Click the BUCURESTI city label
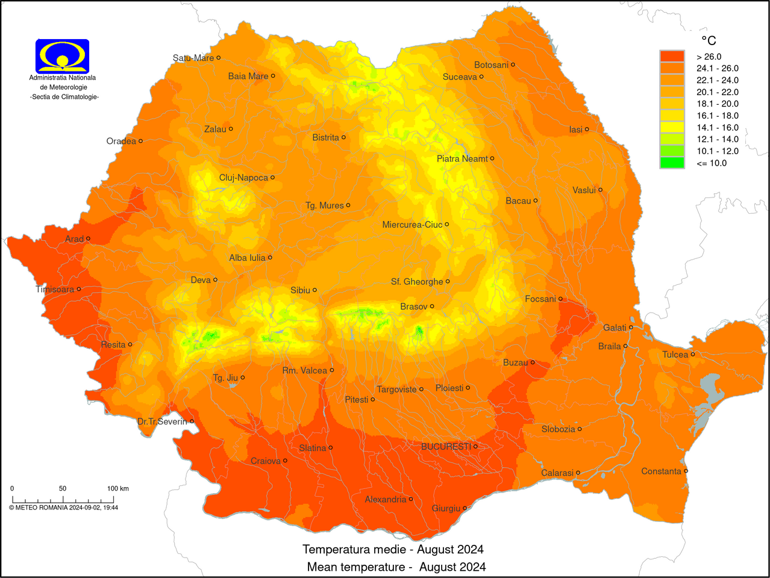tap(446, 447)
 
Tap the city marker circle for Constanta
tap(686, 471)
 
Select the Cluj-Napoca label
tap(243, 178)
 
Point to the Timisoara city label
tap(55, 290)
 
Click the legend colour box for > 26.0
tap(672, 56)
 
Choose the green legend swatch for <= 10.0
tap(672, 163)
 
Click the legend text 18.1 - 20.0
tap(717, 104)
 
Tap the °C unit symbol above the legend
tap(709, 40)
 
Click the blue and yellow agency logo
tap(63, 56)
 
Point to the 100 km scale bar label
tap(117, 488)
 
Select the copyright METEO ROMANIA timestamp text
tap(63, 508)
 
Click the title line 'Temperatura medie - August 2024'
tap(393, 549)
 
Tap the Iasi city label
tap(575, 129)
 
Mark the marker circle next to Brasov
tap(432, 306)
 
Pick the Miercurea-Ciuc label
tap(412, 225)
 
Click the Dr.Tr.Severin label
tap(162, 421)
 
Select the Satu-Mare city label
tap(193, 58)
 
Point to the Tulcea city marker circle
tap(693, 354)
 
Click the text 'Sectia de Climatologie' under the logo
tap(64, 97)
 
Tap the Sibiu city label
tap(300, 290)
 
